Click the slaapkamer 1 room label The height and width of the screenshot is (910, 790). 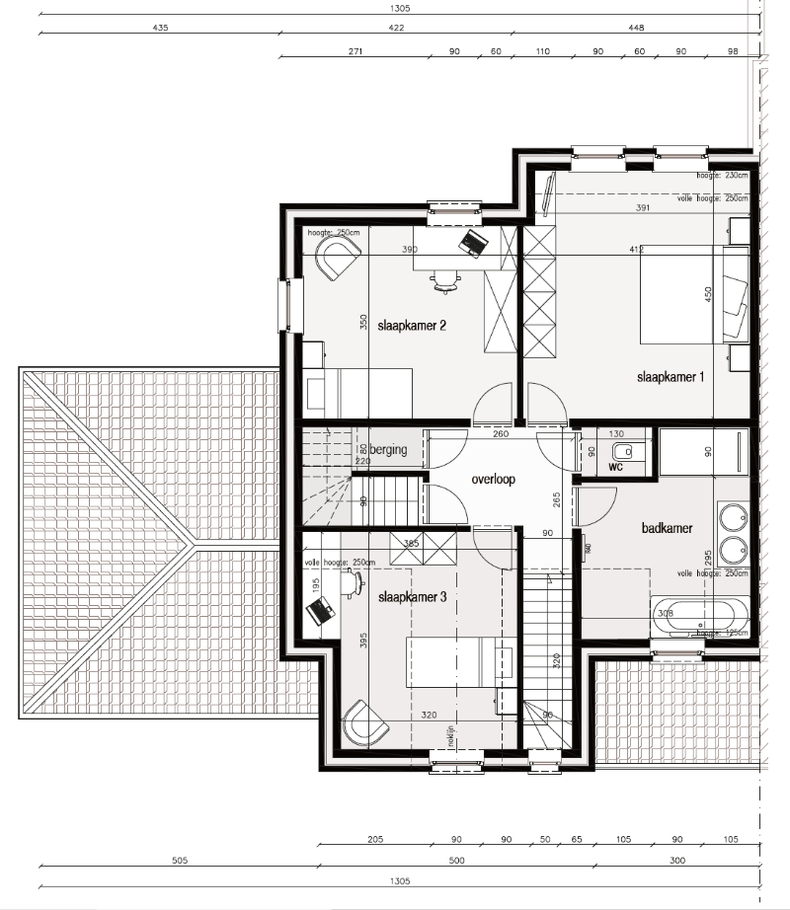click(x=671, y=377)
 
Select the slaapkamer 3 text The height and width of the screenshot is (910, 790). click(x=413, y=597)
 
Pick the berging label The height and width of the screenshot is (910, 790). click(x=388, y=450)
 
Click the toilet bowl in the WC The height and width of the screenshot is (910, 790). click(x=636, y=451)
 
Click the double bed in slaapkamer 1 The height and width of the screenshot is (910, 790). click(x=691, y=294)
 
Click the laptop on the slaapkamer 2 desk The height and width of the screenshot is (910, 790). click(x=473, y=242)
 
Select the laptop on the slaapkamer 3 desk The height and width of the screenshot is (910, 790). click(x=320, y=612)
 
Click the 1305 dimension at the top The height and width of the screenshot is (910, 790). click(x=400, y=8)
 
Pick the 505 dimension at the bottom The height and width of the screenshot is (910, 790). click(x=179, y=861)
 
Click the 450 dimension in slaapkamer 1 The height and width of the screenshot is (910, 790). click(x=707, y=295)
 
